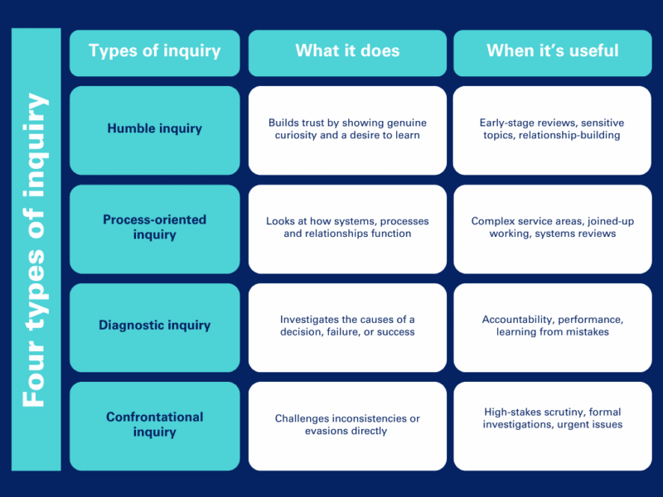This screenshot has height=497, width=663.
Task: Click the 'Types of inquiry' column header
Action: tap(154, 51)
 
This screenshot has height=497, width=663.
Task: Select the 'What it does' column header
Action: tap(347, 51)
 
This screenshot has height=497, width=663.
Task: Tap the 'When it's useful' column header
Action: tap(552, 51)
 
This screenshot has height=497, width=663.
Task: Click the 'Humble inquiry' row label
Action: tap(154, 129)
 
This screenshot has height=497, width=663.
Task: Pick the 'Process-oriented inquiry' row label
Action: tap(154, 228)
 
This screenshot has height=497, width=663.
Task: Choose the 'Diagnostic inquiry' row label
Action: tap(154, 326)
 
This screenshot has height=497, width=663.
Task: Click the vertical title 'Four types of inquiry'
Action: tap(36, 248)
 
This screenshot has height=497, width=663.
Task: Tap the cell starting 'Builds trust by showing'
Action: tap(347, 129)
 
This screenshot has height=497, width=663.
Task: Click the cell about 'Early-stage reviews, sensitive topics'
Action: tap(552, 129)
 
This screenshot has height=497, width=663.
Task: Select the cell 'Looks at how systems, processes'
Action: tap(347, 228)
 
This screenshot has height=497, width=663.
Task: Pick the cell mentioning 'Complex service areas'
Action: tap(552, 228)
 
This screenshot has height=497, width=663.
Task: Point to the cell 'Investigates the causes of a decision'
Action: tap(347, 326)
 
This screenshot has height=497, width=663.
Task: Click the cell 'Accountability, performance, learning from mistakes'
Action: tap(552, 326)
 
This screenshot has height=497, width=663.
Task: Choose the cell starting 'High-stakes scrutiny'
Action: tap(552, 418)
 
